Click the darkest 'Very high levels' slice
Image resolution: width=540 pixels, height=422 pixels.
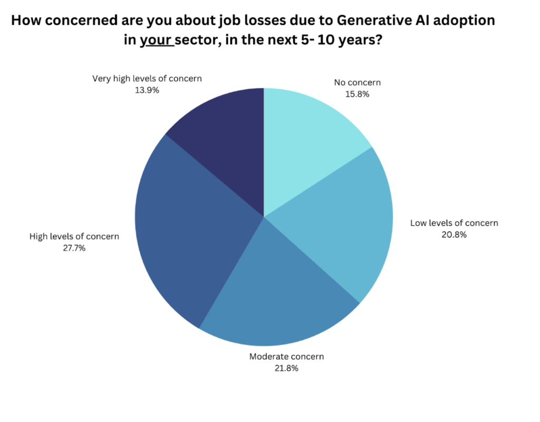pos(227,137)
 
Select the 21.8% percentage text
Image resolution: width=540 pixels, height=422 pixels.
pos(286,368)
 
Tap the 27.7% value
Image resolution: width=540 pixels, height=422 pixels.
pos(74,247)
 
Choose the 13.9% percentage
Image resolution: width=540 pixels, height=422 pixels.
pos(147,90)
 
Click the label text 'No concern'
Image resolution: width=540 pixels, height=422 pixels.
pos(358,82)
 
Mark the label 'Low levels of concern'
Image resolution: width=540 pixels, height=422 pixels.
pos(454,223)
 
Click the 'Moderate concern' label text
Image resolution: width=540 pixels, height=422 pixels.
pos(286,357)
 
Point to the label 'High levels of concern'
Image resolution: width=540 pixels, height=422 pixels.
pos(74,236)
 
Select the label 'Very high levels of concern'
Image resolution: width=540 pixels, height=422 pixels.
pos(147,79)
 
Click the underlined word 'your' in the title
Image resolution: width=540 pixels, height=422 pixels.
pos(157,41)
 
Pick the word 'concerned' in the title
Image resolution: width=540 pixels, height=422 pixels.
pos(84,21)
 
